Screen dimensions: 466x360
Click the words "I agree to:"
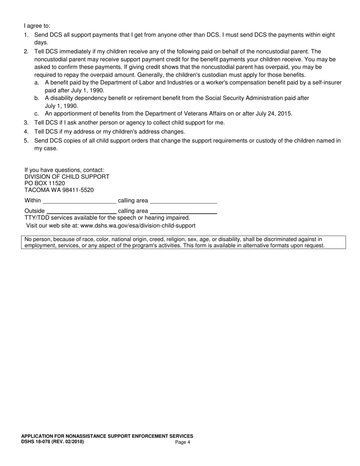37,26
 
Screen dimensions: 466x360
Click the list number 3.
26,123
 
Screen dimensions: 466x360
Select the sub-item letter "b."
37,98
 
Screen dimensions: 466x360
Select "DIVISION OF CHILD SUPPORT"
67,177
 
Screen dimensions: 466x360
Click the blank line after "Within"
80,201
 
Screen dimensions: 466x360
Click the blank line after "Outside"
81,212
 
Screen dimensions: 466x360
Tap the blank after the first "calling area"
183,201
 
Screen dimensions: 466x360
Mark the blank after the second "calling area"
183,212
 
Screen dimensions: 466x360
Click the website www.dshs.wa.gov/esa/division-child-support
138,226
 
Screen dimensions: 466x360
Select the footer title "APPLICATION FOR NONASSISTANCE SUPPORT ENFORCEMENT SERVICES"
107,436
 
